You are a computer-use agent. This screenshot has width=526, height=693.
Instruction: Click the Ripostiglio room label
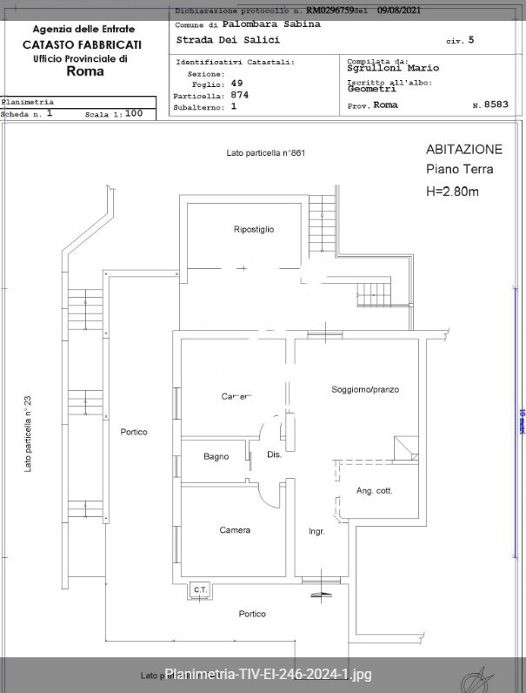254,229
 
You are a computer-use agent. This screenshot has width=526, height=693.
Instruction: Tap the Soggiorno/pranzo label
364,389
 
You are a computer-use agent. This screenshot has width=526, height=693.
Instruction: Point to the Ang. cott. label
375,491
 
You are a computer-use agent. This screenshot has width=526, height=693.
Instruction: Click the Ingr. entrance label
316,531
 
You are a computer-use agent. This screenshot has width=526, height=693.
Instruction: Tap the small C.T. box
199,590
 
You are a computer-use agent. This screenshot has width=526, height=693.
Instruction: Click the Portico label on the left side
134,432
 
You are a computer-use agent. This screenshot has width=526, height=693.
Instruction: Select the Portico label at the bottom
252,614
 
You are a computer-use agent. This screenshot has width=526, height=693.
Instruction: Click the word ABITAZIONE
463,149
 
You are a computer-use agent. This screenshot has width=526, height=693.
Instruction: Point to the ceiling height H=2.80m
452,191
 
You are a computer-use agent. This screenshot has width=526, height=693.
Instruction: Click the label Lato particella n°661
265,153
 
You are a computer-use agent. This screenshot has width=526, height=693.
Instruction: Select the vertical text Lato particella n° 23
28,434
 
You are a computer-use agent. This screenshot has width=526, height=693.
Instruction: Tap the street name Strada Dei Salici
228,40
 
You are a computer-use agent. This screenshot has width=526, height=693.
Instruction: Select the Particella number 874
240,95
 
